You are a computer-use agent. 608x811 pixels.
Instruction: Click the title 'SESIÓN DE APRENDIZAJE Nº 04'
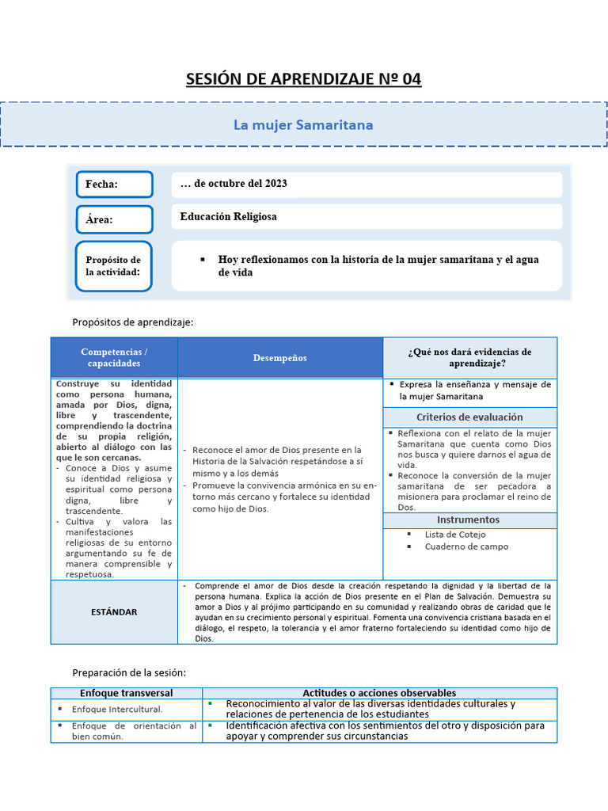[303, 79]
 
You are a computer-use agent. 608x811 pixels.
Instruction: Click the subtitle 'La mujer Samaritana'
[303, 125]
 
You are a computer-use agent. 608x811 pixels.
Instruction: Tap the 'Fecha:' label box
[114, 184]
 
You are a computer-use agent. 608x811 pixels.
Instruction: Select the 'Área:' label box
[114, 219]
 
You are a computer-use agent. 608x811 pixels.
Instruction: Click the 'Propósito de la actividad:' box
[113, 266]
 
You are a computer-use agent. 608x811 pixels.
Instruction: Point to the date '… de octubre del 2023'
[234, 184]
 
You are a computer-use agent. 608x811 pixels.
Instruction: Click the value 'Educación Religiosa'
[229, 216]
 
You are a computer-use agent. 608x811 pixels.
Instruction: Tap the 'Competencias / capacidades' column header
[114, 357]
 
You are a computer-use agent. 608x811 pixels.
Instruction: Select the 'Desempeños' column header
[280, 358]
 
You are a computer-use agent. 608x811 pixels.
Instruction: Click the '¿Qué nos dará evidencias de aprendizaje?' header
[469, 357]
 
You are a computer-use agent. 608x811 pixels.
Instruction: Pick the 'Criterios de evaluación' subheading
[469, 417]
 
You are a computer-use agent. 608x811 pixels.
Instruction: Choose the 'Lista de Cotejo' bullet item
[455, 535]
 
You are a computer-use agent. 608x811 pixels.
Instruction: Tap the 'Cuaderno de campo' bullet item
[466, 546]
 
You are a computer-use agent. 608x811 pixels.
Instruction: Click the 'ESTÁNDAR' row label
[114, 612]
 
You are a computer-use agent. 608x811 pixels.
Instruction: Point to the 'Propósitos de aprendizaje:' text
[132, 322]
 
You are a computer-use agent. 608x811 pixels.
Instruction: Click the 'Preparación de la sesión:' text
[129, 672]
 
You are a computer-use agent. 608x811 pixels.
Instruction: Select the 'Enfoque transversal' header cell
[127, 693]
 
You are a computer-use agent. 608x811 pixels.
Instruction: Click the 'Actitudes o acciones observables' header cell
[379, 693]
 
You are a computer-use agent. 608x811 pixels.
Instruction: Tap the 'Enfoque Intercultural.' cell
[117, 710]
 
